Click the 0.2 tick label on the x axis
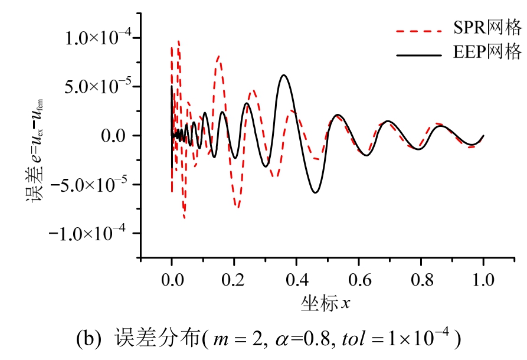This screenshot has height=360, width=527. [234, 277]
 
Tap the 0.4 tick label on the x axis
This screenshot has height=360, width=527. [296, 277]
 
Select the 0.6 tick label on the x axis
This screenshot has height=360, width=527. [359, 277]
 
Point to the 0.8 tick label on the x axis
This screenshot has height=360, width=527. [421, 277]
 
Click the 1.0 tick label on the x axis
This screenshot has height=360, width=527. [483, 277]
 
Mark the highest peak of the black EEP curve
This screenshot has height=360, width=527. [284, 75]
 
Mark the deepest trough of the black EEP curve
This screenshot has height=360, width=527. [316, 192]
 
